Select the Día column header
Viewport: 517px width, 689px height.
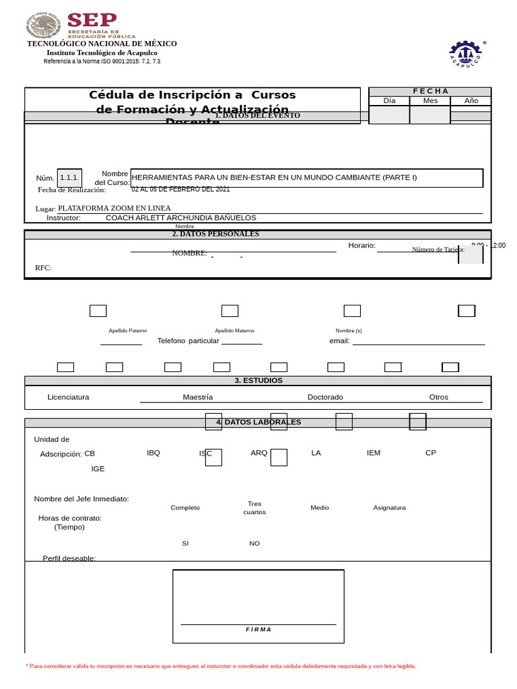pos(389,101)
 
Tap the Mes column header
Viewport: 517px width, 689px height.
pos(430,101)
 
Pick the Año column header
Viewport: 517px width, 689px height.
pos(471,101)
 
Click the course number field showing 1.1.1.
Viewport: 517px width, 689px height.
pos(69,178)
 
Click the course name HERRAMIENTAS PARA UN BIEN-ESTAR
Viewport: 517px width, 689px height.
pos(274,178)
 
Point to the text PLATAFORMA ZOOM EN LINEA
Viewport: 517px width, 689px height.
pos(114,208)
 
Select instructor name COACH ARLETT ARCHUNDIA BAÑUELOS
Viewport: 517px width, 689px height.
pos(180,218)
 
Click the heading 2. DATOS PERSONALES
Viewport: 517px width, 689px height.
pos(215,234)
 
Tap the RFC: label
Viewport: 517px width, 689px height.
pos(43,268)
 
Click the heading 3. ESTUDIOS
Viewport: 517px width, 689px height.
pos(258,381)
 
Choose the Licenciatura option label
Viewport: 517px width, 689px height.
pos(68,397)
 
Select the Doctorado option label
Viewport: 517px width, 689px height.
pos(325,397)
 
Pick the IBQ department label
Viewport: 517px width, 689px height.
pos(153,453)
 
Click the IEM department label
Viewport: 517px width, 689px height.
pos(374,453)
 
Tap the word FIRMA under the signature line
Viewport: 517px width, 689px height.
pos(258,630)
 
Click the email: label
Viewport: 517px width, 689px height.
pos(339,341)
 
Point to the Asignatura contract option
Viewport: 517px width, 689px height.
pos(389,508)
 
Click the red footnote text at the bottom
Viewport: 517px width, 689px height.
pos(221,666)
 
